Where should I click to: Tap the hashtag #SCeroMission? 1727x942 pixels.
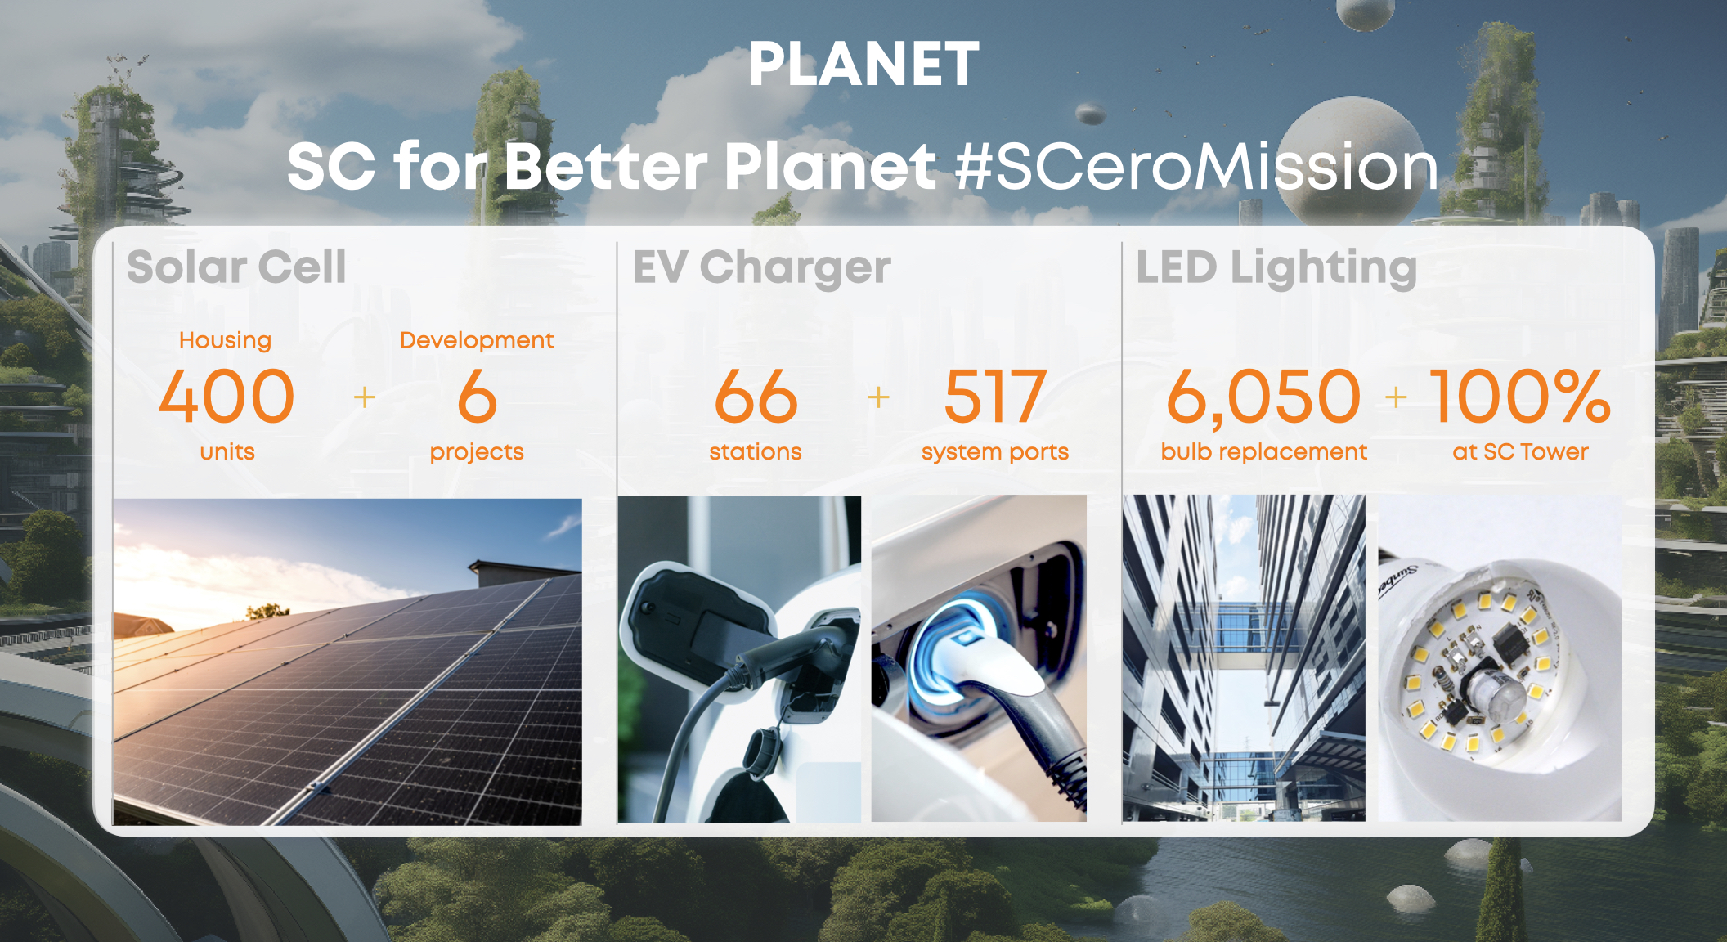click(1196, 166)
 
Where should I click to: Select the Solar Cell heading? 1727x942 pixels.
click(236, 267)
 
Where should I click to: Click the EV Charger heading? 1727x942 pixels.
click(761, 267)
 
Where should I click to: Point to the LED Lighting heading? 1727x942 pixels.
click(1276, 268)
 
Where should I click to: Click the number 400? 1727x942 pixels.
click(227, 397)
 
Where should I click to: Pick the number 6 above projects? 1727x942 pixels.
click(477, 397)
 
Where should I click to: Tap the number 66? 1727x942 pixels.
click(756, 397)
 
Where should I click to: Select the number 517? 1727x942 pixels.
click(994, 397)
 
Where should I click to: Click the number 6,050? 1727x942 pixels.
click(1263, 397)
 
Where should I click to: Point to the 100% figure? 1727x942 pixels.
click(1520, 397)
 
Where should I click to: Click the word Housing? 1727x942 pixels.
click(225, 340)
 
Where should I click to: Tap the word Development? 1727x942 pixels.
click(477, 340)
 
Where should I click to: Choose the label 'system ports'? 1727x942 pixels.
click(994, 452)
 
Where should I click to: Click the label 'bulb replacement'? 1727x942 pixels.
click(1263, 451)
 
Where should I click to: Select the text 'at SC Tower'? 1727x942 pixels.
click(1520, 451)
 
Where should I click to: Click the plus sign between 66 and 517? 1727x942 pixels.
click(878, 397)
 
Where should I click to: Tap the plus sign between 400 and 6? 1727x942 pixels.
click(365, 397)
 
